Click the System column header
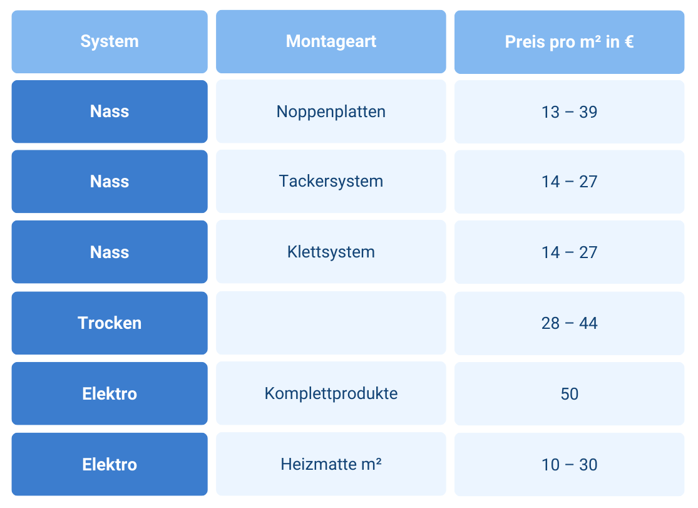coord(110,42)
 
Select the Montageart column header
coord(331,42)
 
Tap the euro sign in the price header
coord(628,42)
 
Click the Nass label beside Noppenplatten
coord(110,111)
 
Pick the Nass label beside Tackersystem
coord(110,182)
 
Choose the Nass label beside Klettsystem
coord(110,252)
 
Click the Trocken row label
coord(110,323)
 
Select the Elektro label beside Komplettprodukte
coord(110,394)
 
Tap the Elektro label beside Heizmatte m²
coord(110,465)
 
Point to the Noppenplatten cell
coord(331,111)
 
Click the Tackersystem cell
coord(331,182)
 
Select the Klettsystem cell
coord(331,252)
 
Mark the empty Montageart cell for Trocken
coord(331,323)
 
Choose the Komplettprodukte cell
coord(331,394)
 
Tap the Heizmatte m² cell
coord(331,465)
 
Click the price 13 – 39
coord(569,112)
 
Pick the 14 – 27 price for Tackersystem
coord(569,182)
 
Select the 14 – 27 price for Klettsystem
coord(569,252)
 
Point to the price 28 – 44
coord(569,323)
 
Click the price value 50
coord(569,394)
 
